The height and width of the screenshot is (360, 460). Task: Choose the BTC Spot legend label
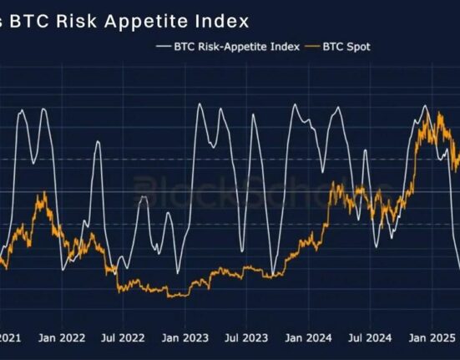346,47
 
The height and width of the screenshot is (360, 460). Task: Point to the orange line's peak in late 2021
43,194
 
